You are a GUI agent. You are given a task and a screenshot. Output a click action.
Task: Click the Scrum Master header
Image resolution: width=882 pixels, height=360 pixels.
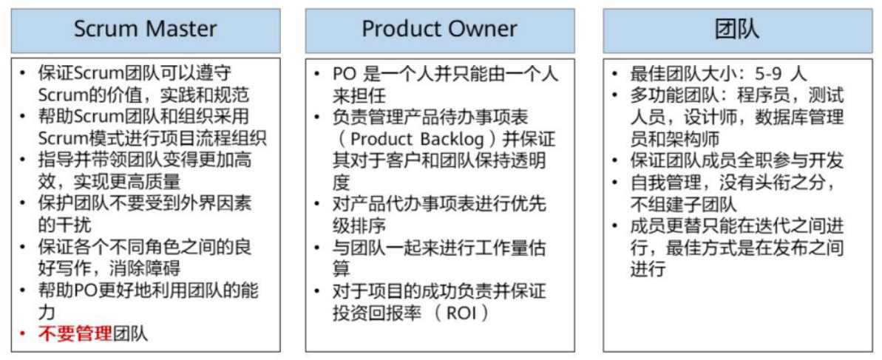point(146,30)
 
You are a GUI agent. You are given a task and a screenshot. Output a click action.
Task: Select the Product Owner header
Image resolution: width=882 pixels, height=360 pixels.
point(439,30)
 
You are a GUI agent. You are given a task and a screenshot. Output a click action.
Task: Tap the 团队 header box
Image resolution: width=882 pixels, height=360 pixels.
point(736,30)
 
